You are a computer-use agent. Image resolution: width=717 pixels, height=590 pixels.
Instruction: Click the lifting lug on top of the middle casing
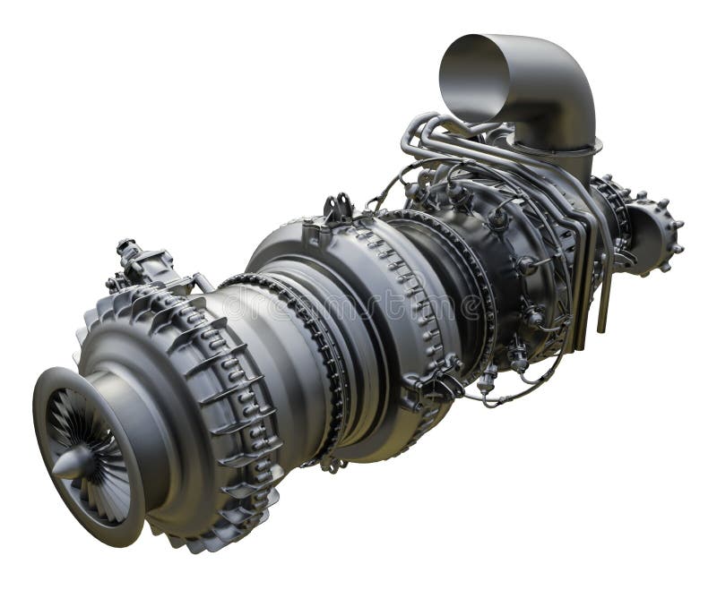[x=338, y=209]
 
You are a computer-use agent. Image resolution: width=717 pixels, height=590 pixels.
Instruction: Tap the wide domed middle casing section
[x=358, y=295]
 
